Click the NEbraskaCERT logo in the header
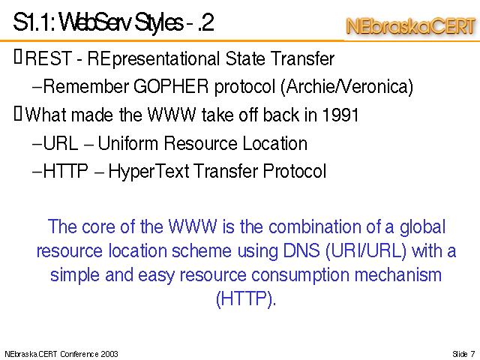pyautogui.click(x=411, y=27)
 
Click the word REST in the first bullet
pyautogui.click(x=48, y=58)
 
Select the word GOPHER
pyautogui.click(x=171, y=86)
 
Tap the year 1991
pyautogui.click(x=340, y=115)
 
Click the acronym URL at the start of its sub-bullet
pyautogui.click(x=60, y=143)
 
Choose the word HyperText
pyautogui.click(x=148, y=172)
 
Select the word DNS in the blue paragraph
pyautogui.click(x=301, y=250)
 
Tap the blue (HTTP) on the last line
pyautogui.click(x=246, y=298)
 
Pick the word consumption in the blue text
pyautogui.click(x=300, y=275)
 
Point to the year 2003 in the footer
pyautogui.click(x=109, y=354)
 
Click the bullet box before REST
pyautogui.click(x=18, y=57)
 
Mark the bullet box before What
pyautogui.click(x=18, y=113)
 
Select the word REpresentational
pyautogui.click(x=153, y=59)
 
